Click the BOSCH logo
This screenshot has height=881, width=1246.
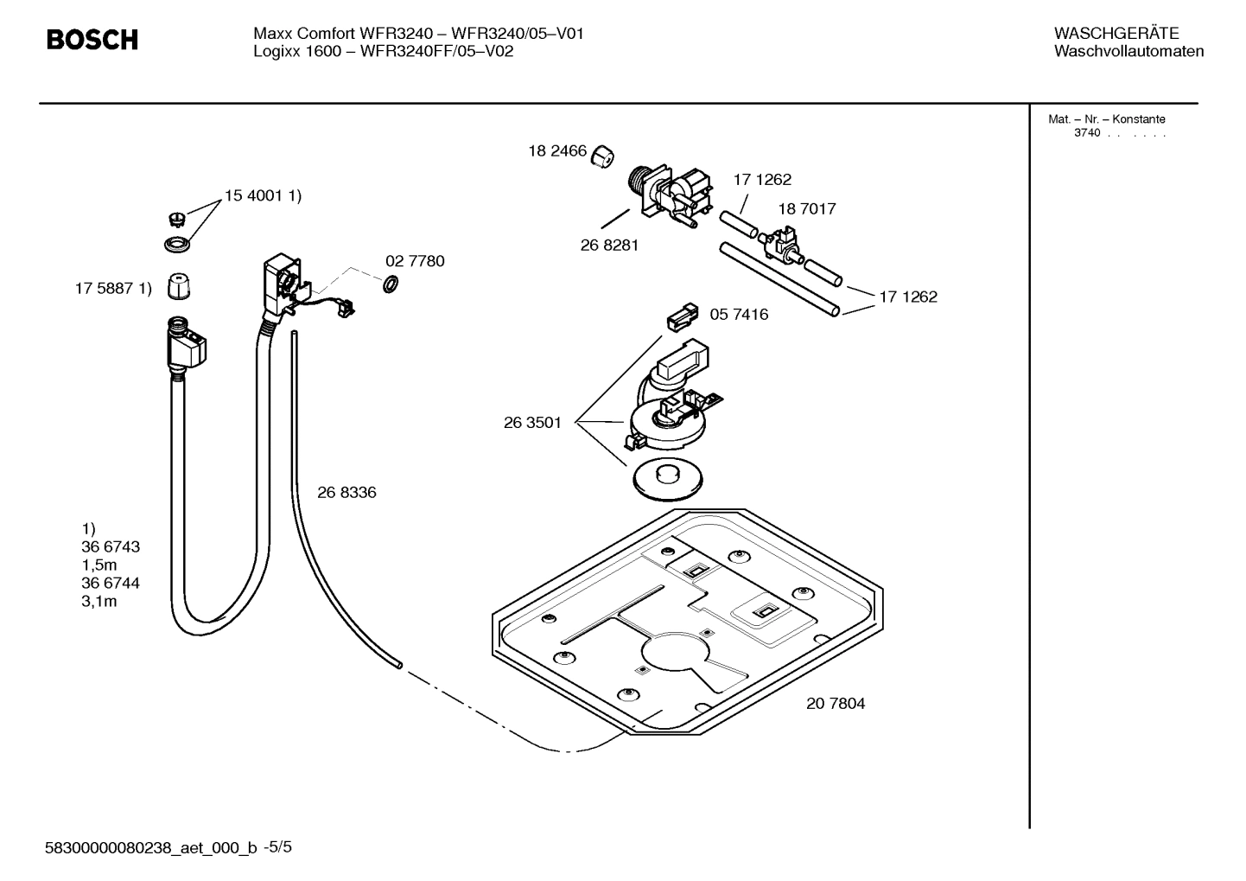click(92, 40)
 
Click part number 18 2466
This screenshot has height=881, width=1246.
click(557, 151)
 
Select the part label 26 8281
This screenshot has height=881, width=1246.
click(609, 246)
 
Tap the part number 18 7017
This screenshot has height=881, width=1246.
click(806, 209)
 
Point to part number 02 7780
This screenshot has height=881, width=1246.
click(415, 261)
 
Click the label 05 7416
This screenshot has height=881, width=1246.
click(739, 315)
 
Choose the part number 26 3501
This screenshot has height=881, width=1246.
click(532, 423)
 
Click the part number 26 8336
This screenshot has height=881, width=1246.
click(346, 493)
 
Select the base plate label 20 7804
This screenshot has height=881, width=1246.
click(836, 704)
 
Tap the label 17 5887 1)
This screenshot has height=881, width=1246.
click(113, 289)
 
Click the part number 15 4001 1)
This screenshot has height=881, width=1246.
click(263, 196)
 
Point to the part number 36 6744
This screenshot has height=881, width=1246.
click(111, 584)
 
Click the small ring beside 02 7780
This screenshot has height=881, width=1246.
click(390, 284)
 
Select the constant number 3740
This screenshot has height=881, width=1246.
click(1087, 133)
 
